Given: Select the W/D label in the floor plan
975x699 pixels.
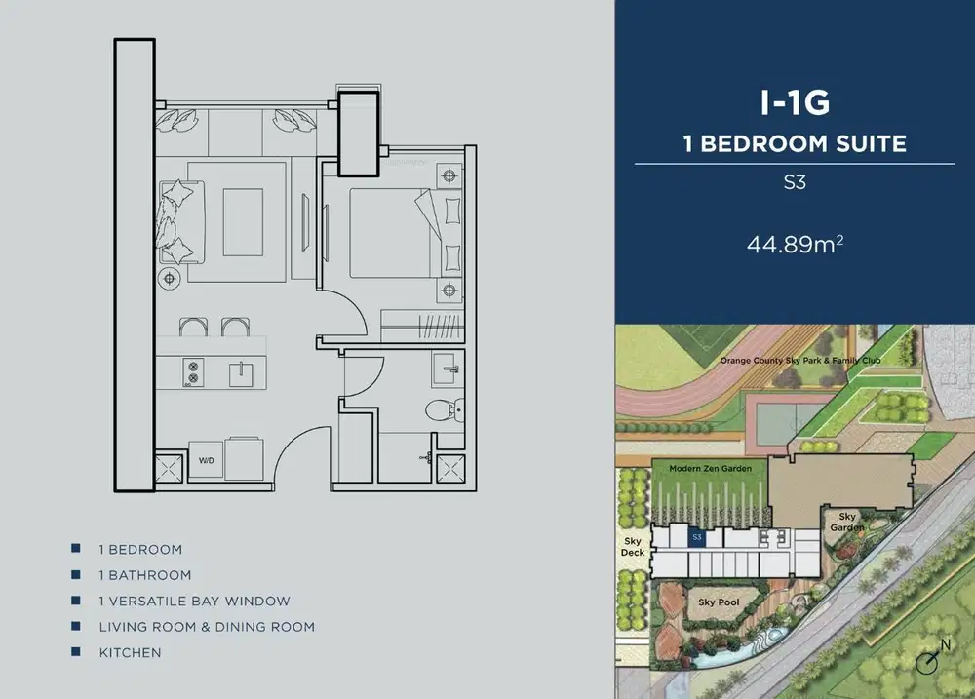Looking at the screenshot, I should [x=207, y=460].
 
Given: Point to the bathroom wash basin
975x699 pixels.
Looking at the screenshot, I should [x=448, y=368].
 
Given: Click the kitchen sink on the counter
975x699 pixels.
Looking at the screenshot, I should [x=239, y=371].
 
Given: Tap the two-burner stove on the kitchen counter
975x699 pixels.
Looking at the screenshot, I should [x=192, y=371].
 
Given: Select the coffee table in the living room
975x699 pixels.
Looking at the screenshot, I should [x=242, y=220].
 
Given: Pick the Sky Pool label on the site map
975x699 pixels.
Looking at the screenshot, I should [x=719, y=602].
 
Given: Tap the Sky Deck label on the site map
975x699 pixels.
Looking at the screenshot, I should [x=633, y=546].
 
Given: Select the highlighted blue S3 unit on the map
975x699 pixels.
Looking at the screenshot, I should [x=696, y=537].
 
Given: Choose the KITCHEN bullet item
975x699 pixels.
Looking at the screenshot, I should [x=130, y=652].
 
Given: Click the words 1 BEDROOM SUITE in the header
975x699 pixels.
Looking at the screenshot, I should [x=795, y=144].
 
